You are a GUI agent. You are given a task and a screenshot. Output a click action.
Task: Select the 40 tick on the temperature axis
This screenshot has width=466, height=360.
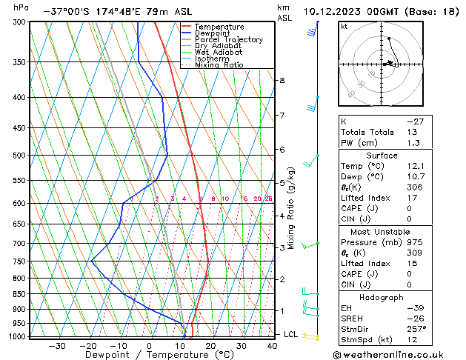click(273, 345)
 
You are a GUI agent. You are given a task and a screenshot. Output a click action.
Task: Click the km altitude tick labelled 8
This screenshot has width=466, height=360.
click(282, 80)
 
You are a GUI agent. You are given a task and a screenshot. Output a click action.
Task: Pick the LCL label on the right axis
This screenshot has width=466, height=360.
click(291, 335)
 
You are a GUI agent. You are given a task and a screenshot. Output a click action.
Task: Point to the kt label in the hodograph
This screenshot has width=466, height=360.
click(344, 26)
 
